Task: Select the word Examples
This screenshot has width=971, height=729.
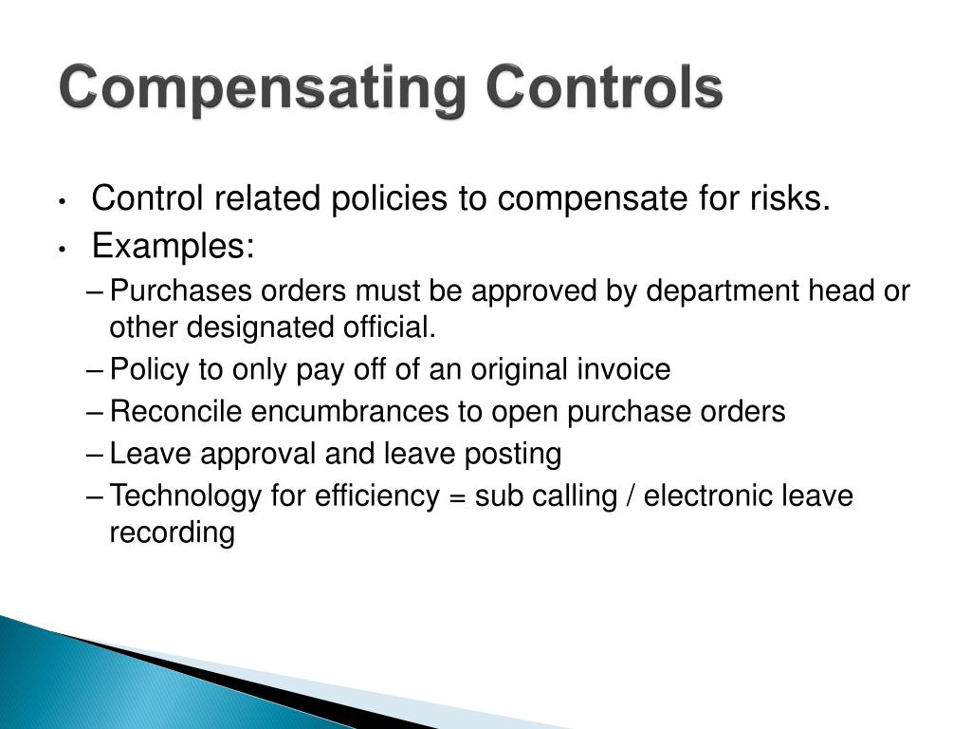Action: (x=174, y=247)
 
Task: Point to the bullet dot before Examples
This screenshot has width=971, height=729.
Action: (x=61, y=249)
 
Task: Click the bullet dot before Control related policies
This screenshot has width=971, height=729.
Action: (x=61, y=201)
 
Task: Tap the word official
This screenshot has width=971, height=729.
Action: (x=391, y=328)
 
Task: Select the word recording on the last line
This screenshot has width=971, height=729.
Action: (x=172, y=533)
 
